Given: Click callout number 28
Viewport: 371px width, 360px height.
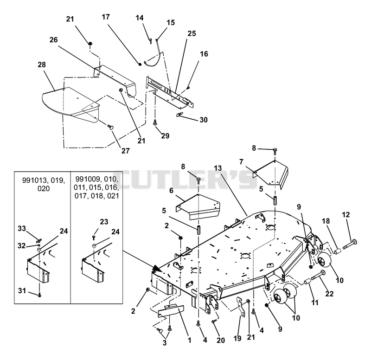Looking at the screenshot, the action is coord(42,64).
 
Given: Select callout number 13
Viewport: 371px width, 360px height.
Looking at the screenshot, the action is coord(217,168).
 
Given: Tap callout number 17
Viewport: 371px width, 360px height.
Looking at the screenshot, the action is coord(106,17).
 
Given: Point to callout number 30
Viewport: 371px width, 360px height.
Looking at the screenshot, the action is coord(204,120).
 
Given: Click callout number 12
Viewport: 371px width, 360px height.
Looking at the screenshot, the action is coord(345,215).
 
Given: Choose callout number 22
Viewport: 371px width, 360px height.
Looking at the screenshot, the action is coord(329,294).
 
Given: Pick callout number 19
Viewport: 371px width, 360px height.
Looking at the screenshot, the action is coord(237,338).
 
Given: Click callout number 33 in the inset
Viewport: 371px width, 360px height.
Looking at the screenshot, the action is coord(22,229).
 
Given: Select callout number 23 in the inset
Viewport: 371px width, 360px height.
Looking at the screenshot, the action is coord(104,222).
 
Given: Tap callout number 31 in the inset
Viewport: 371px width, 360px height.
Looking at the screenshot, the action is coord(22,290).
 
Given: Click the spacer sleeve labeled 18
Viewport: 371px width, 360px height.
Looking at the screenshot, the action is coord(338,251).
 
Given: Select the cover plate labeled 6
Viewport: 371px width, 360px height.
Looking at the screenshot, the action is coord(198,207).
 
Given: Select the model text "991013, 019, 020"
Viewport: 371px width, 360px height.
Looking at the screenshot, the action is coord(44,184).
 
